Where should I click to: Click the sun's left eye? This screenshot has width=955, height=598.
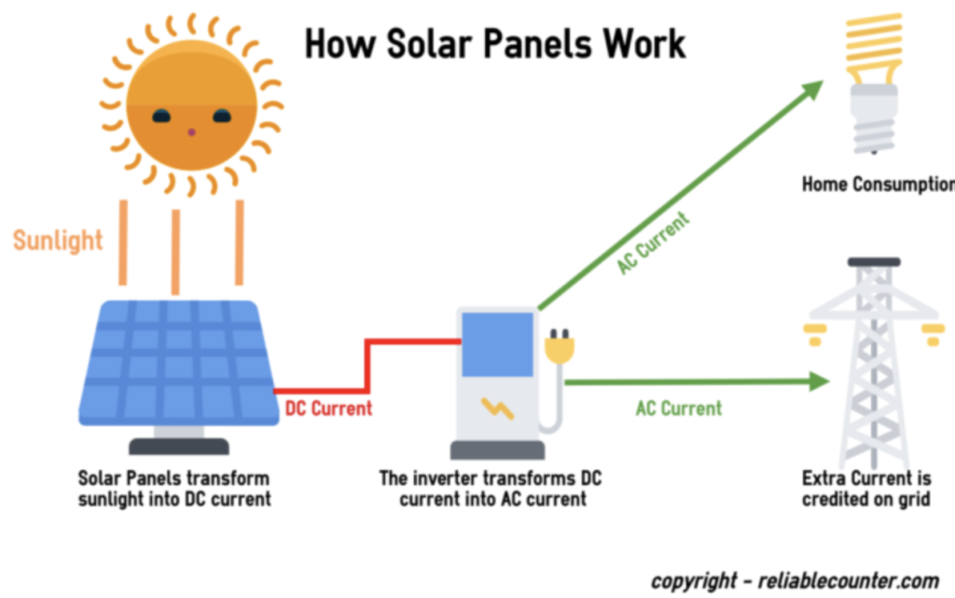[160, 116]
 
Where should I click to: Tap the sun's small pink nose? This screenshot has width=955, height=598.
[191, 132]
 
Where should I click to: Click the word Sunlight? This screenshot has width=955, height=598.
[58, 241]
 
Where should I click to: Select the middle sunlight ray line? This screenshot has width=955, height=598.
[176, 252]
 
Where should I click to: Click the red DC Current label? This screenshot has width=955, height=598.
[328, 408]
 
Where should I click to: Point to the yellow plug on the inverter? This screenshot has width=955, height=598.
[560, 347]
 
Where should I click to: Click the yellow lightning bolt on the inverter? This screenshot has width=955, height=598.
[498, 409]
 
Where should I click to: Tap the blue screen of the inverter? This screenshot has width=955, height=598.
[498, 344]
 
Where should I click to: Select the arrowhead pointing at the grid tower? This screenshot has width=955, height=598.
[819, 382]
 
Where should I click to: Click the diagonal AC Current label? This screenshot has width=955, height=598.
[653, 243]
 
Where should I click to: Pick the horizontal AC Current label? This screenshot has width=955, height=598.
[679, 408]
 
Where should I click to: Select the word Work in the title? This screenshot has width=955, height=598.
[644, 45]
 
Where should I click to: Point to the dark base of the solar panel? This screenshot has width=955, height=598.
[179, 446]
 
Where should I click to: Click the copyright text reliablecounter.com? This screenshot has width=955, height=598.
[849, 581]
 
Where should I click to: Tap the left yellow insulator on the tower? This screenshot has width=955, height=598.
[815, 334]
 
